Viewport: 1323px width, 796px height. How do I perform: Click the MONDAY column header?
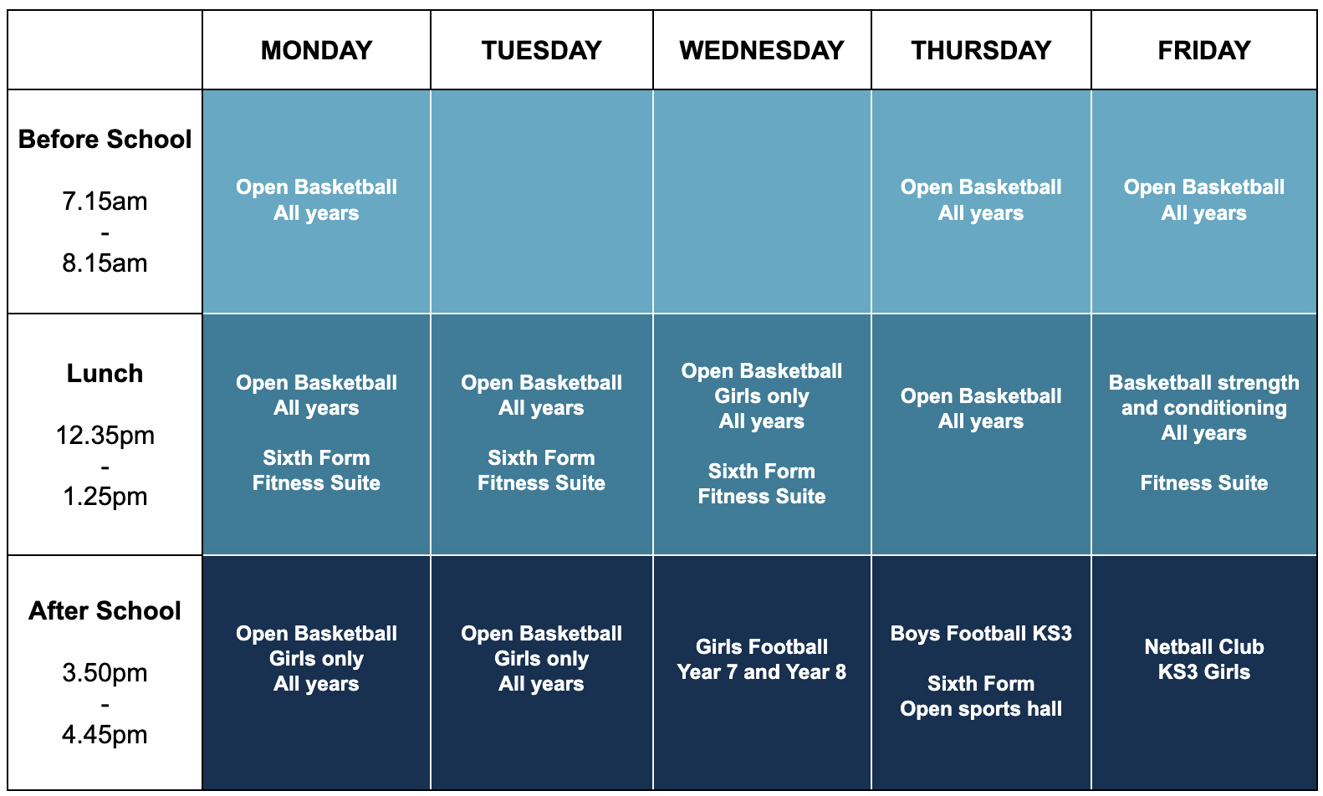317,50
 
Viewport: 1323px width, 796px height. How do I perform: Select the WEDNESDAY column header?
762,50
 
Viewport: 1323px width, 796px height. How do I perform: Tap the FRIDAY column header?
1204,50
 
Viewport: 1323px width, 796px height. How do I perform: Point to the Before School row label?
105,140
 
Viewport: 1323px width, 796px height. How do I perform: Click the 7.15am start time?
105,202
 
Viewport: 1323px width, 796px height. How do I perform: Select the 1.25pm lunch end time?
105,497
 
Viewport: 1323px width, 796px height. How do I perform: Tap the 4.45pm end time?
105,735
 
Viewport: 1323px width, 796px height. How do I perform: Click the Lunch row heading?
105,373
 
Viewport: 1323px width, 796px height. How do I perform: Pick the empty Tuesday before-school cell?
542,202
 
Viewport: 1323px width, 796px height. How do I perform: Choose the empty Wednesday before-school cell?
762,202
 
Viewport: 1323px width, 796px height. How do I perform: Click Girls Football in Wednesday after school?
762,646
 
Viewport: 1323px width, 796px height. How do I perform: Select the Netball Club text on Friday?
1204,646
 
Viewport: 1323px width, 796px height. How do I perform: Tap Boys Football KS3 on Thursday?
981,634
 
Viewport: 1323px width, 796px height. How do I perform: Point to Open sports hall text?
981,709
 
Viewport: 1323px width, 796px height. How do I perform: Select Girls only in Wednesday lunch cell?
762,396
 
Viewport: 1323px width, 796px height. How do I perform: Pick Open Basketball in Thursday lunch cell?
981,395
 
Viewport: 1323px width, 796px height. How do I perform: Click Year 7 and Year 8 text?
762,672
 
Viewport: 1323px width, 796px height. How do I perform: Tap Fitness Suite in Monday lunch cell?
317,483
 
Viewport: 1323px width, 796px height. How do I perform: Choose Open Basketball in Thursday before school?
981,187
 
